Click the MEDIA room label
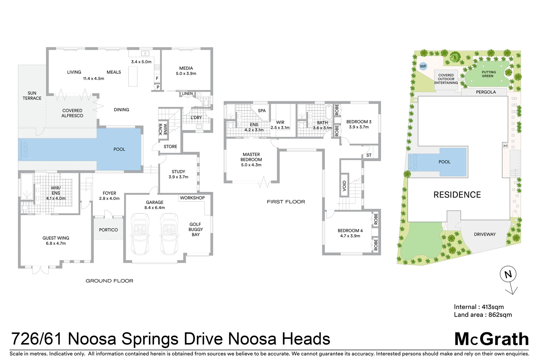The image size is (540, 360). [x=186, y=68]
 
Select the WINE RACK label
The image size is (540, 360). [x=163, y=129]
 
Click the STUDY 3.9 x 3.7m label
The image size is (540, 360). [x=178, y=174]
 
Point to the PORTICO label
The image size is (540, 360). [x=108, y=230]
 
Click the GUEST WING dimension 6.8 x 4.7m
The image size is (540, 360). [x=56, y=244]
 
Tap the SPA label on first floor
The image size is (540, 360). [x=262, y=111]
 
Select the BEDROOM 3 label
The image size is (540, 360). [x=359, y=122]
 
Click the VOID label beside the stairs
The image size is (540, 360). [x=344, y=185]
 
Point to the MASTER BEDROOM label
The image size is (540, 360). [x=251, y=157]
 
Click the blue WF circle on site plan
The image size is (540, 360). [x=423, y=66]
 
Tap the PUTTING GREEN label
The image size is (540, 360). [x=488, y=74]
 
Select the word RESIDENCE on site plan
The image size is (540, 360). [x=457, y=195]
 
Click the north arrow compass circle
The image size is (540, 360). [x=508, y=274]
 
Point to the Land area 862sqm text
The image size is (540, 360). [x=483, y=315]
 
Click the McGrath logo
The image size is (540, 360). [x=491, y=339]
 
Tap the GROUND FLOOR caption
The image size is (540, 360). [x=109, y=281]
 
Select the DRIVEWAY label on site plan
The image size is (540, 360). [x=485, y=234]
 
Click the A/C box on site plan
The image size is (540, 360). [x=505, y=146]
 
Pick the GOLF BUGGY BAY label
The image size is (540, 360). [x=196, y=229]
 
